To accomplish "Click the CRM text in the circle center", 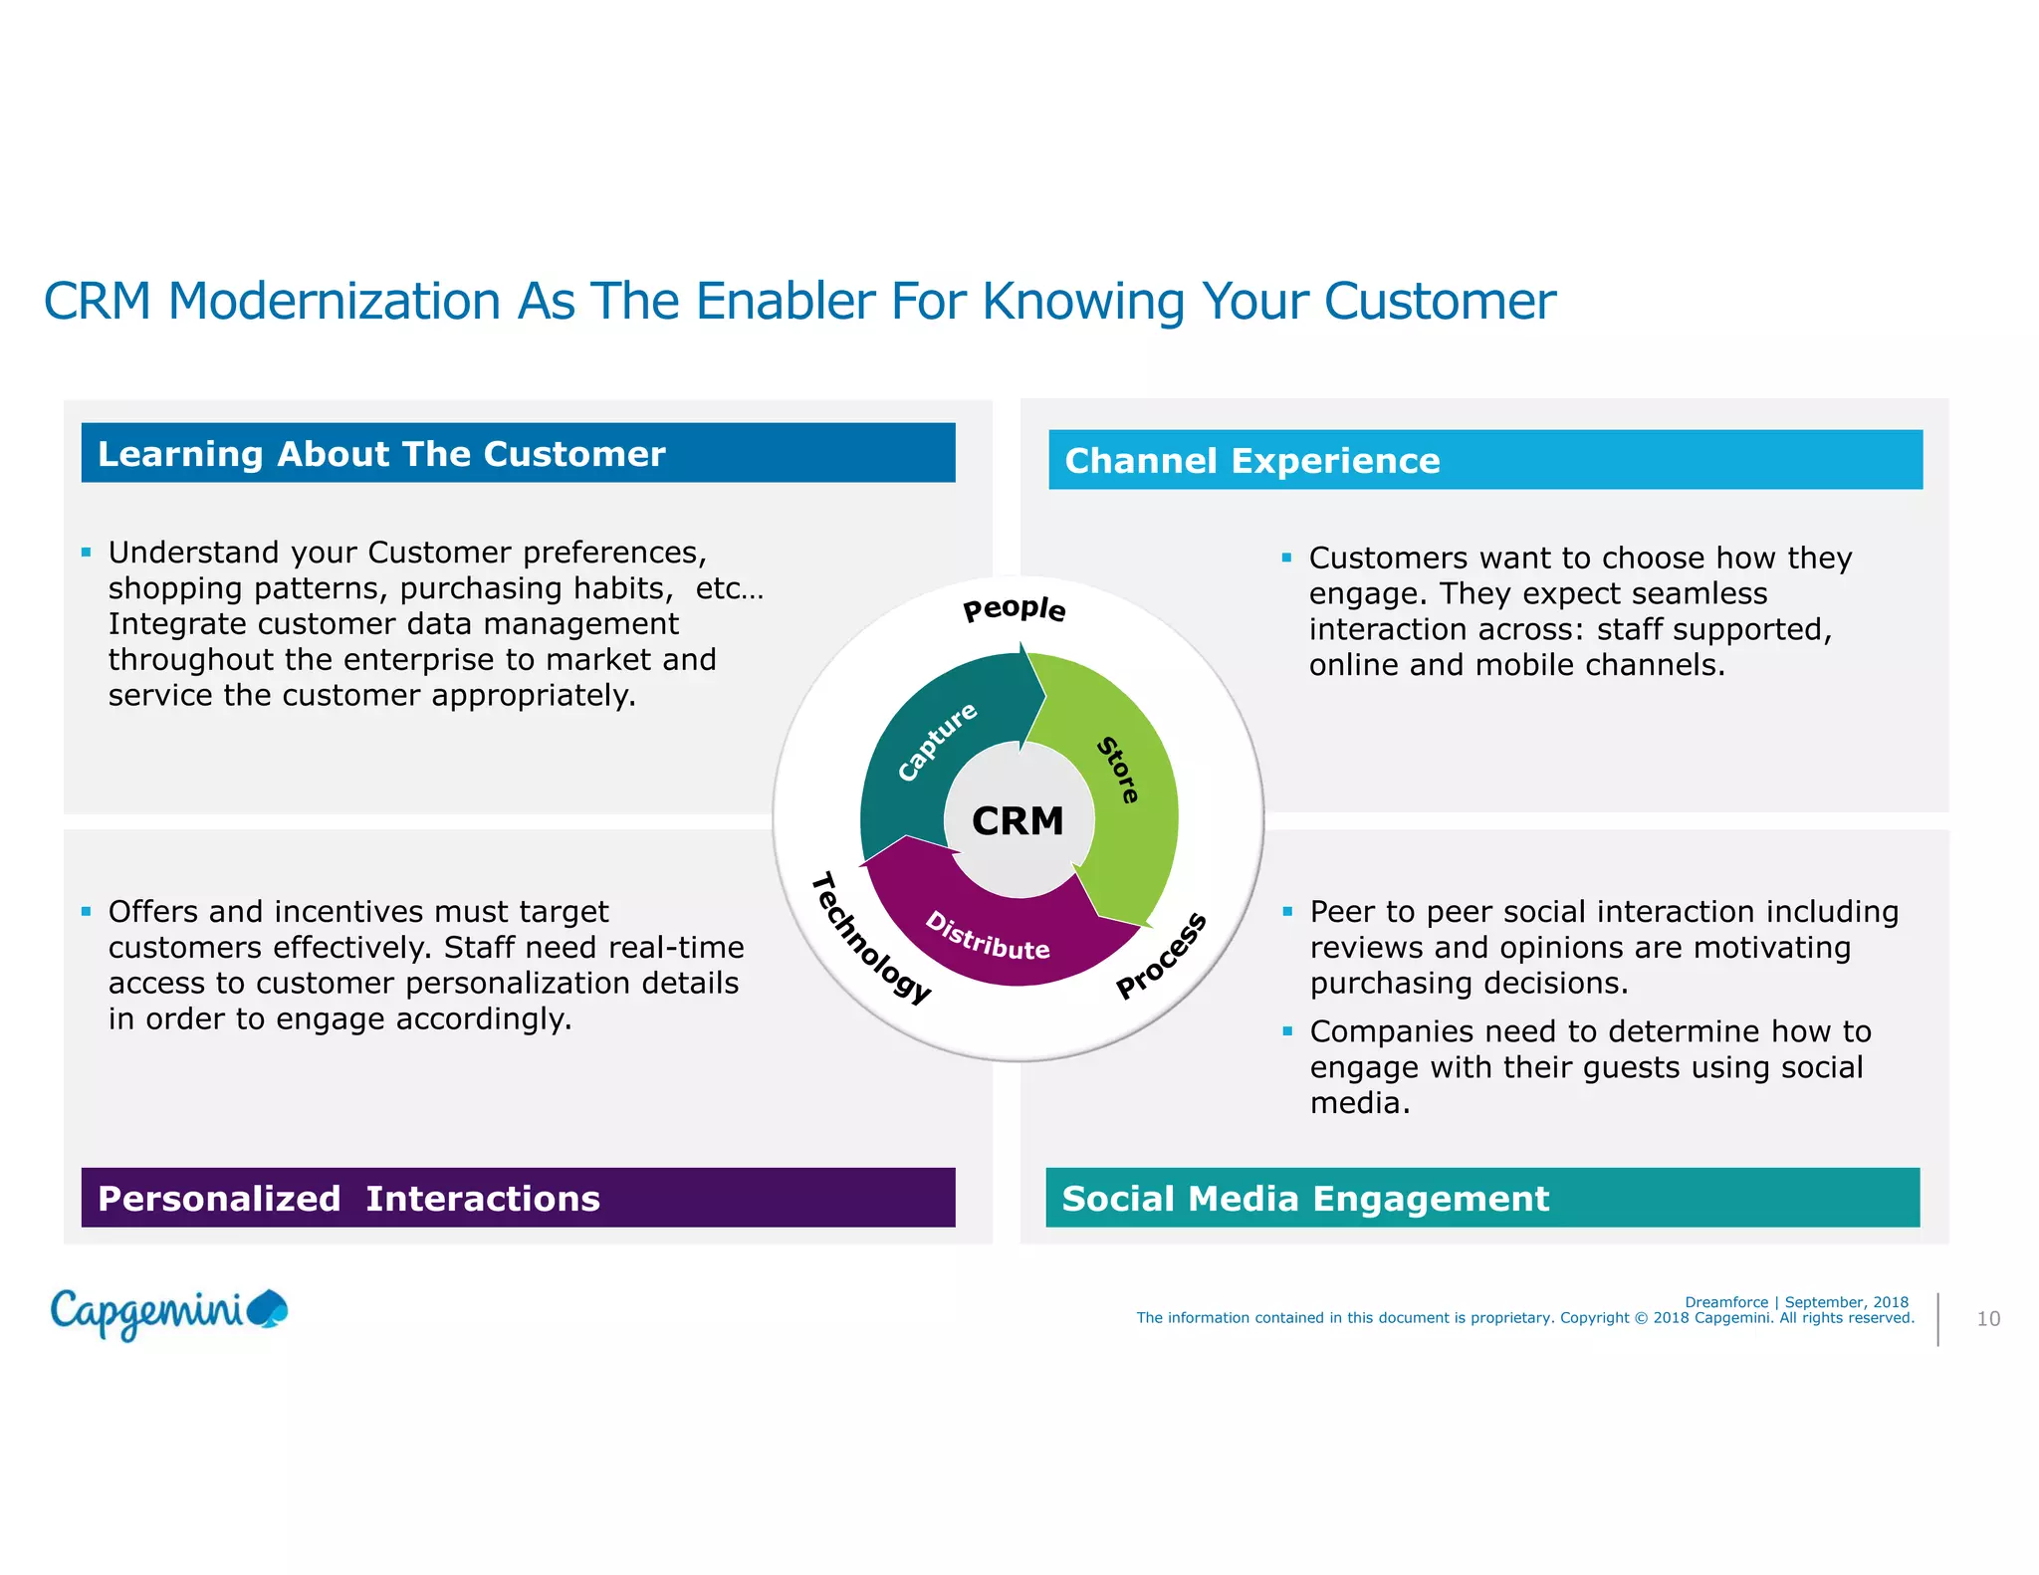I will point(1018,821).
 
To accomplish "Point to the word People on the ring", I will point(1014,608).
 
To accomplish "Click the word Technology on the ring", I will point(871,937).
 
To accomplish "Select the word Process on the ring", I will point(1161,955).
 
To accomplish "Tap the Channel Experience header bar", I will point(1484,460).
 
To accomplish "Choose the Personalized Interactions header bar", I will point(518,1198).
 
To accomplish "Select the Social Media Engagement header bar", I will point(1481,1198).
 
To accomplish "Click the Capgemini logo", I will point(168,1313).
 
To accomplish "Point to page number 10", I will point(1987,1319).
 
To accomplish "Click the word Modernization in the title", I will point(334,301).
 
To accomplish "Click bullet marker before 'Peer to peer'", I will point(1287,911).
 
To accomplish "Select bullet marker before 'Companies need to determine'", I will point(1287,1031).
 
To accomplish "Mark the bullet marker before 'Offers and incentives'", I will point(87,911).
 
